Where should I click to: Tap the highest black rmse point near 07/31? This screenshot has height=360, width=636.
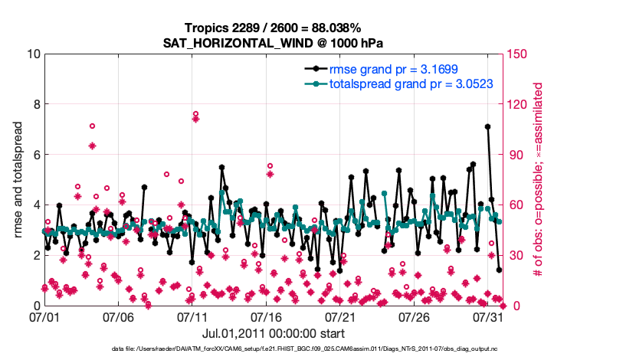click(487, 126)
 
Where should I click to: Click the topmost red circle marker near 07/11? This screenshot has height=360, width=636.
click(196, 114)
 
